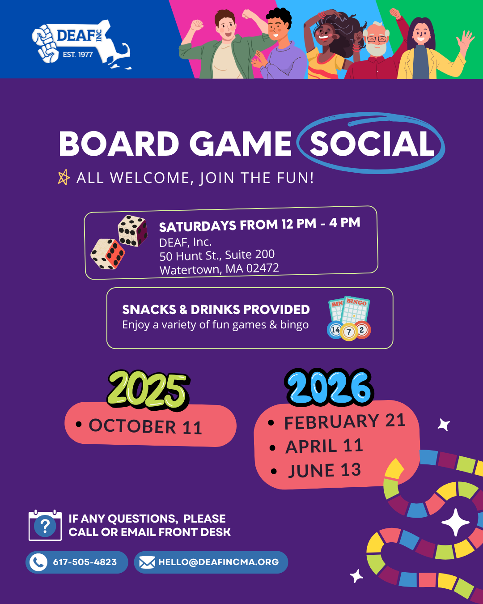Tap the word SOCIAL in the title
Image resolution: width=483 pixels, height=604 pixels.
coord(372,144)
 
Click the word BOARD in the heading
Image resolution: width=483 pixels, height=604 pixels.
coord(119,144)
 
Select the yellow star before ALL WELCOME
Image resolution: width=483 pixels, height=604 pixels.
coord(64,177)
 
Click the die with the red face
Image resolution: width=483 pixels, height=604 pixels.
coord(107,254)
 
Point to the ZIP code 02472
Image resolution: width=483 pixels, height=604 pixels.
coord(263,268)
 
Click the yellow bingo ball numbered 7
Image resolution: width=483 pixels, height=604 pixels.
coord(349,332)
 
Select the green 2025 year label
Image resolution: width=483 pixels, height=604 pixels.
coord(148,391)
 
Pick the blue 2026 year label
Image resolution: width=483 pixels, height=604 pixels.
coord(329,387)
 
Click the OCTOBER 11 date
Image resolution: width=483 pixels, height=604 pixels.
coord(145,427)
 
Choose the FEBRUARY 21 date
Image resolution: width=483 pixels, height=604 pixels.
coord(345,421)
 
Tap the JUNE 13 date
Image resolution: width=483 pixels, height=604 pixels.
coord(325,471)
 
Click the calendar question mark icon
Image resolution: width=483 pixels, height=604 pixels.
coord(45,525)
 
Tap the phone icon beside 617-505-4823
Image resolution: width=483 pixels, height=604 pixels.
coord(38,562)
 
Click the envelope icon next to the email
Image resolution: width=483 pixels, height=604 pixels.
coord(147,562)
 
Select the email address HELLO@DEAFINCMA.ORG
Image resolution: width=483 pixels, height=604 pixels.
coord(219,562)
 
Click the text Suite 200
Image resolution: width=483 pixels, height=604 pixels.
coord(250,255)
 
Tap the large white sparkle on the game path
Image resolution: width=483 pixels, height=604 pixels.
coord(456,522)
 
